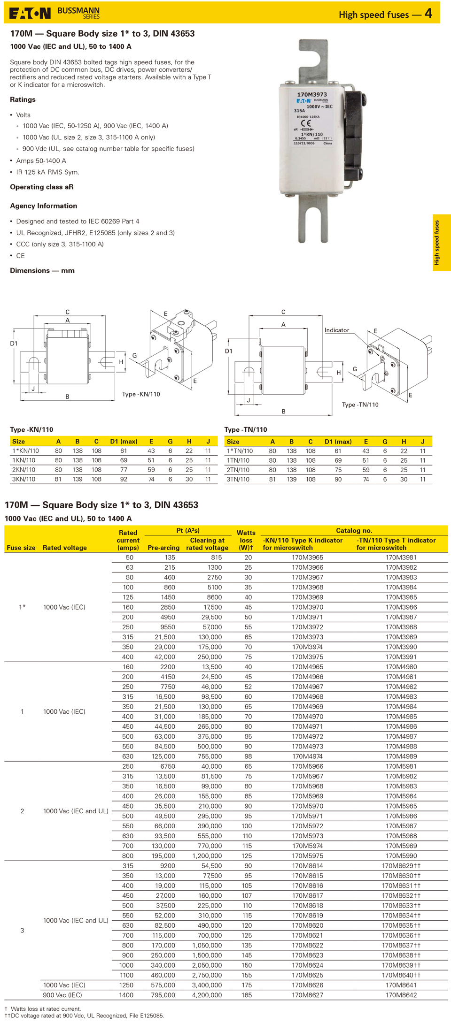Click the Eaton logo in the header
point(30,13)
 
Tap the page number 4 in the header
point(428,13)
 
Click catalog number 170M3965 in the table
point(307,558)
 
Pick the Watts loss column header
point(246,540)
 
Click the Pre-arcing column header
point(163,548)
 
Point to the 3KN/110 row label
point(23,479)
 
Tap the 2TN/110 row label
point(238,470)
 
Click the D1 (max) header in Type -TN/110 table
point(338,442)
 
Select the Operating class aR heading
point(42,187)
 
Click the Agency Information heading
point(44,206)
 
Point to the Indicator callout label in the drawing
point(337,330)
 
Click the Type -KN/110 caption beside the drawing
point(141,394)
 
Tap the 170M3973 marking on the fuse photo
point(312,94)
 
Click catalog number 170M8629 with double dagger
point(401,866)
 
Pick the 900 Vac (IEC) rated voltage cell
point(62,995)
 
